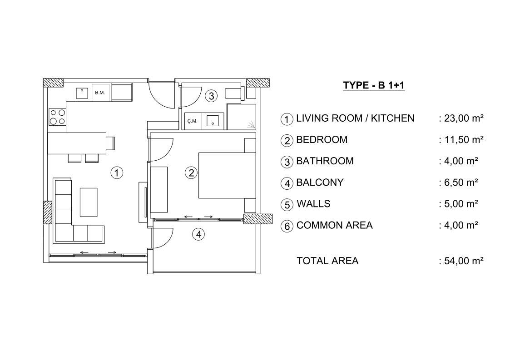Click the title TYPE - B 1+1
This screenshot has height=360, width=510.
[x=374, y=85]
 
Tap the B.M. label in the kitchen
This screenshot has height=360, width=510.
[x=100, y=93]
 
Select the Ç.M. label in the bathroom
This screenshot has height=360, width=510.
[x=192, y=121]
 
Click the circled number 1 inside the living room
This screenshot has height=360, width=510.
[x=117, y=173]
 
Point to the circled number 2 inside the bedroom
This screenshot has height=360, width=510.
[x=191, y=173]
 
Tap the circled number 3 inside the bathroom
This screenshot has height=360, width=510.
[x=212, y=96]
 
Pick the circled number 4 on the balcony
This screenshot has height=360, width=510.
[x=199, y=234]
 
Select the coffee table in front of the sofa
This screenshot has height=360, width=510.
[x=89, y=202]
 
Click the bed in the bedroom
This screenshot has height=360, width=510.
[x=227, y=176]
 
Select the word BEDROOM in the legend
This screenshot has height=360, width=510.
[x=322, y=139]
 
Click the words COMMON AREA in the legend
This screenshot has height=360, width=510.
[x=334, y=225]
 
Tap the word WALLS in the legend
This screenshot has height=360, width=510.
[x=313, y=203]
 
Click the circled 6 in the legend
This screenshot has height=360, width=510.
[x=287, y=226]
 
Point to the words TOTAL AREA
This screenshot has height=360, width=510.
[x=327, y=261]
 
